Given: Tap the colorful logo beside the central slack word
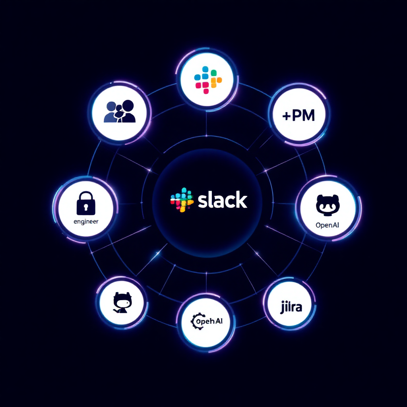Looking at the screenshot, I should click(x=182, y=200).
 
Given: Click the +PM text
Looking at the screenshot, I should click(x=298, y=115).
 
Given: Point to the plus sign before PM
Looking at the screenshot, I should click(x=286, y=116).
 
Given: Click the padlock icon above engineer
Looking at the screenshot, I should click(x=86, y=202).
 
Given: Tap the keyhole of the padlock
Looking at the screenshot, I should click(x=86, y=207).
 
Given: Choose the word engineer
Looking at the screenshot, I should click(x=86, y=222).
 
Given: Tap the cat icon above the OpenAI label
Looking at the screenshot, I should click(x=327, y=205).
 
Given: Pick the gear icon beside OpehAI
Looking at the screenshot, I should click(x=195, y=321).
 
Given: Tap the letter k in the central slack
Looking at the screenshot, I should click(x=240, y=200).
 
